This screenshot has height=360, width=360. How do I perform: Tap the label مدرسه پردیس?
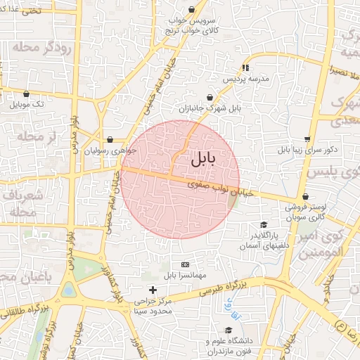point(242,79)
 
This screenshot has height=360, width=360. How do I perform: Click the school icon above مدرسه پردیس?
point(245,68)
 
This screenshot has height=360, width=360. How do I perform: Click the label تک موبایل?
point(27,105)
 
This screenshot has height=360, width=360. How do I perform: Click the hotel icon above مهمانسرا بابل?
point(185,264)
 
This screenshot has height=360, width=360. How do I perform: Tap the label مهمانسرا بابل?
point(184,274)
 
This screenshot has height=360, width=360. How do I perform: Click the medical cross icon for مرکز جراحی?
point(152,289)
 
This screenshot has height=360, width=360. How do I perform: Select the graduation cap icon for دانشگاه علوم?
point(229,330)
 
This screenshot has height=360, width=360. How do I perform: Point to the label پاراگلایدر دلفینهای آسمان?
point(259,241)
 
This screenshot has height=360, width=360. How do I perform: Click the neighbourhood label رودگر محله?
point(35,48)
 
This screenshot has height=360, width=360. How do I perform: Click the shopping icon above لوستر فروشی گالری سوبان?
point(304,197)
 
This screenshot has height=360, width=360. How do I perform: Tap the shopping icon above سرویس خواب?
point(191,9)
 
